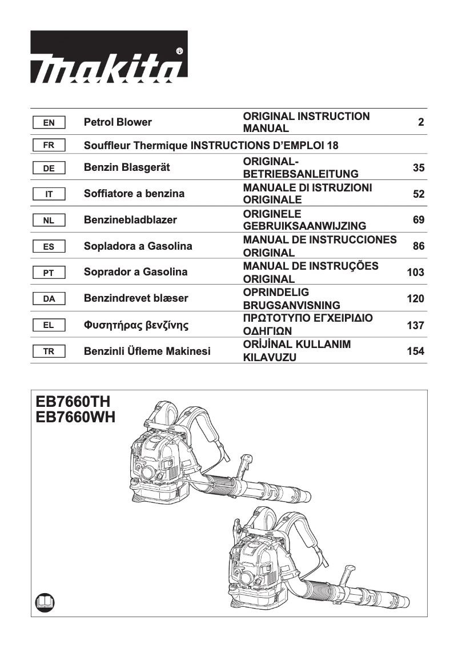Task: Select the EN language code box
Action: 49,122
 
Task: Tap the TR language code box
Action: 49,351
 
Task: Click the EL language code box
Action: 49,325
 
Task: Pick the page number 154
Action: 415,351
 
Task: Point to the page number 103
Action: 415,273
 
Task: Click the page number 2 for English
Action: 421,122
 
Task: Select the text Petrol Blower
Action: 118,122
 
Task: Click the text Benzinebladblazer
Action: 130,220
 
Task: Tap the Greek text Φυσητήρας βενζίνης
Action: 136,326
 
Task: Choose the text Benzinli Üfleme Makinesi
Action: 147,351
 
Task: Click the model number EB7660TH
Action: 73,402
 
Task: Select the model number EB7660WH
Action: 75,418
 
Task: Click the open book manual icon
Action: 44,602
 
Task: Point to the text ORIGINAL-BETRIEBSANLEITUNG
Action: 300,167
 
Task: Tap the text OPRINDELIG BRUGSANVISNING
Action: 291,298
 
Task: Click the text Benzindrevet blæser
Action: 136,298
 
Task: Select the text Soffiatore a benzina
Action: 134,194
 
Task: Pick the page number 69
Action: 418,220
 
